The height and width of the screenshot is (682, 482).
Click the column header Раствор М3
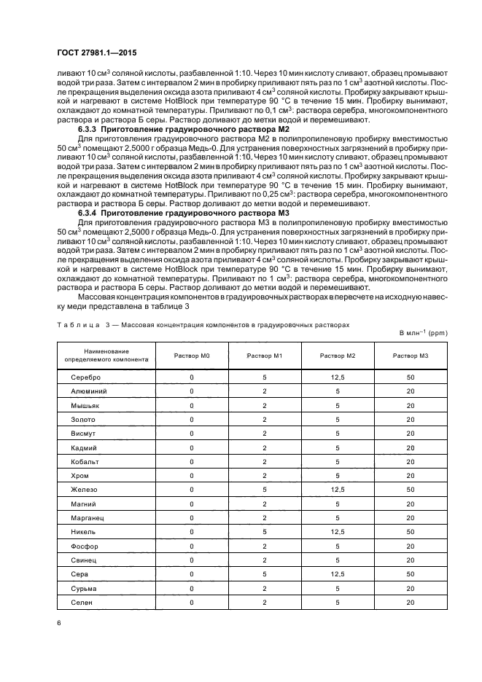click(x=411, y=355)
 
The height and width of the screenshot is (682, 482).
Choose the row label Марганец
click(x=88, y=518)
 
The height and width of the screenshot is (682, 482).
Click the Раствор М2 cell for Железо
click(x=337, y=490)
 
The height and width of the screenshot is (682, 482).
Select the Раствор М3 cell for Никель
click(x=411, y=532)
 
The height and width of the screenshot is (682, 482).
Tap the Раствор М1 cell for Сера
click(x=264, y=574)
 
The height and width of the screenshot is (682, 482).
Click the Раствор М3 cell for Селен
click(x=411, y=602)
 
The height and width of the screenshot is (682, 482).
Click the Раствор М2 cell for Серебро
click(x=337, y=377)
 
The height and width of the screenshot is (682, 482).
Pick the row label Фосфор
click(x=85, y=546)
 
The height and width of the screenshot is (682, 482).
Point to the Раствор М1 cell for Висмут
click(x=264, y=434)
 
